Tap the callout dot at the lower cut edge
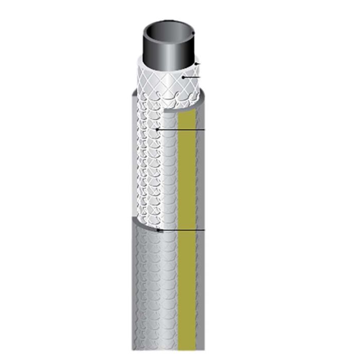[x=158, y=230]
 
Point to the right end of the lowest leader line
[x=205, y=230]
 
